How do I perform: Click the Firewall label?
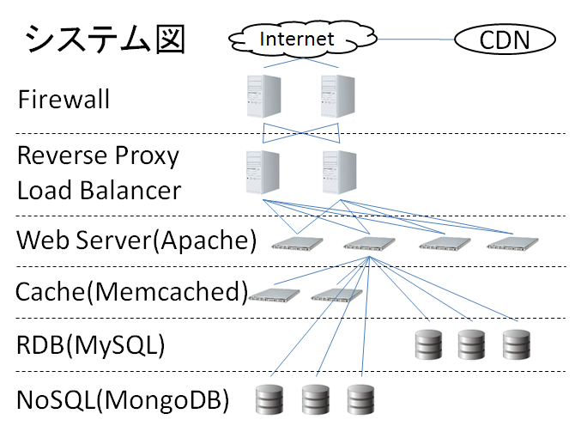pyautogui.click(x=64, y=100)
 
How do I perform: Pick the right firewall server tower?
pyautogui.click(x=338, y=95)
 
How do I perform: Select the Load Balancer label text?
pyautogui.click(x=99, y=189)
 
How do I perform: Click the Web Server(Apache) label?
pyautogui.click(x=136, y=240)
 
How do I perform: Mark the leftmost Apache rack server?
pyautogui.click(x=294, y=243)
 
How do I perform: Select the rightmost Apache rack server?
pyautogui.click(x=511, y=243)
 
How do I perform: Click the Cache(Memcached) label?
pyautogui.click(x=132, y=292)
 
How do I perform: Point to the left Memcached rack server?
pyautogui.click(x=274, y=295)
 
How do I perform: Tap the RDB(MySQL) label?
pyautogui.click(x=91, y=345)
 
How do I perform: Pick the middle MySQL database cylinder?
pyautogui.click(x=471, y=344)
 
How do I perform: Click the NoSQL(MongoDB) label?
pyautogui.click(x=124, y=399)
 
